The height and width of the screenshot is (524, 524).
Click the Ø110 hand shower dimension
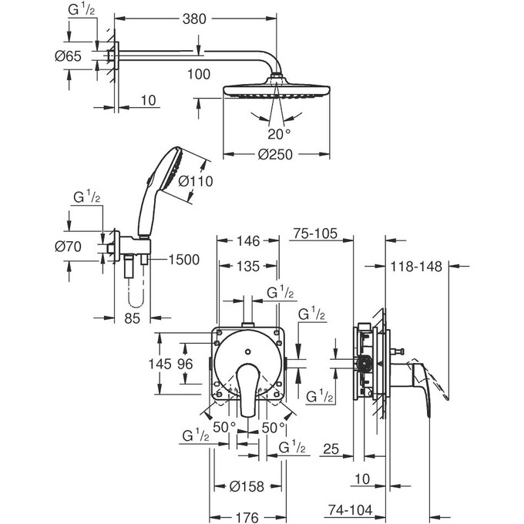click(194, 183)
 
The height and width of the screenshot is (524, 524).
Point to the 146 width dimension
click(248, 241)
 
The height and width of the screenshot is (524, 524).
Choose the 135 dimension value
click(248, 268)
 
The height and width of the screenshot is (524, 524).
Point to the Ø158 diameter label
click(247, 486)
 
